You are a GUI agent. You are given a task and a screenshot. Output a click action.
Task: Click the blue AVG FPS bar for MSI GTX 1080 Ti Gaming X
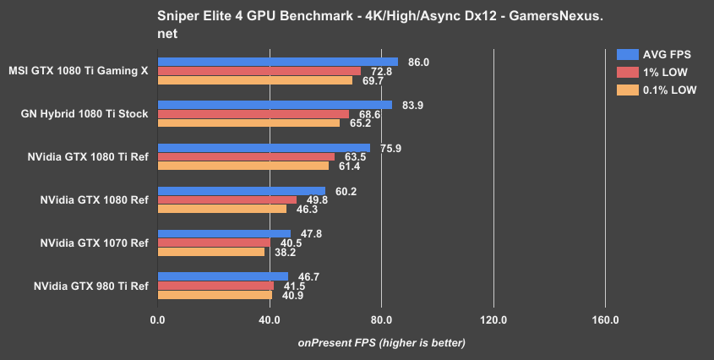[x=277, y=62]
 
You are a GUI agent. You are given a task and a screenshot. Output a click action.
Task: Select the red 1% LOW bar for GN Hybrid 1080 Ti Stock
[x=253, y=114]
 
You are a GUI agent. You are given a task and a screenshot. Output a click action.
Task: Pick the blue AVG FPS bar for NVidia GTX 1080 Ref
[x=241, y=191]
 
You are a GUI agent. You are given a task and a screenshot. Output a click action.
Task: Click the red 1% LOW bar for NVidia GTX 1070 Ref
[x=213, y=243]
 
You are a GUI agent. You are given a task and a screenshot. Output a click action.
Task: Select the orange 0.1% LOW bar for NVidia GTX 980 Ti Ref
[x=214, y=295]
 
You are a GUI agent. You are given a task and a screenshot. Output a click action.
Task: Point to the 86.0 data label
[x=419, y=62]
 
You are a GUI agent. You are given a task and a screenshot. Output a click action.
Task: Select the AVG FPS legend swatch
[x=627, y=52]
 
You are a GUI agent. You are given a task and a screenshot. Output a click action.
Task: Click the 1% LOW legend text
[x=668, y=71]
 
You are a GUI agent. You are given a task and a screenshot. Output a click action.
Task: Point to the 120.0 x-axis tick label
[x=493, y=320]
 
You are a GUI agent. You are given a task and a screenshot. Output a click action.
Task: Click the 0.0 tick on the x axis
[x=157, y=320]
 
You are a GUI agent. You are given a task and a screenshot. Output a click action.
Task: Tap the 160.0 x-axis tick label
[x=605, y=320]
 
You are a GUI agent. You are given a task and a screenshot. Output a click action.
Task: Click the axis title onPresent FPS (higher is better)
[x=381, y=342]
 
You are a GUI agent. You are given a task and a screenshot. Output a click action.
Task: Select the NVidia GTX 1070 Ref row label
[x=94, y=243]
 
